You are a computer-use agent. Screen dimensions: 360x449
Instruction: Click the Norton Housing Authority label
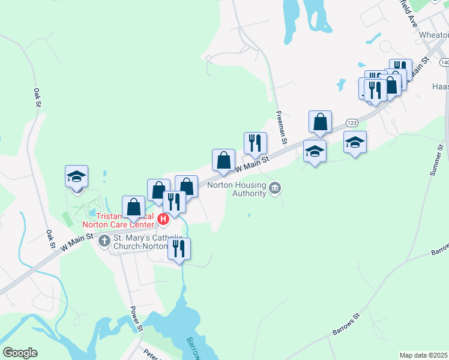click(x=237, y=189)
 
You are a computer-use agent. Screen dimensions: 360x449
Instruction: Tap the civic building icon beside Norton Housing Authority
click(x=275, y=189)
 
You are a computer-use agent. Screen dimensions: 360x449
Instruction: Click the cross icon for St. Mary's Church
click(x=104, y=241)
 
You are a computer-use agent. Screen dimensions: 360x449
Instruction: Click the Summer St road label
click(x=437, y=160)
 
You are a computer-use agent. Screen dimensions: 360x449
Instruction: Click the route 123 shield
click(x=352, y=122)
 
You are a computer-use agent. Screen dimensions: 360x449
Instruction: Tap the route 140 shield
click(x=444, y=62)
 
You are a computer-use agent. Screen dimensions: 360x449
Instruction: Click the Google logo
click(x=20, y=353)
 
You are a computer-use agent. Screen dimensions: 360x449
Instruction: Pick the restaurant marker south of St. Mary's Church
click(x=179, y=248)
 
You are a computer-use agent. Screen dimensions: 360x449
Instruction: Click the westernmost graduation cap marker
click(x=77, y=176)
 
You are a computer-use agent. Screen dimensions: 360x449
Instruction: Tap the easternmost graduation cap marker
click(x=355, y=142)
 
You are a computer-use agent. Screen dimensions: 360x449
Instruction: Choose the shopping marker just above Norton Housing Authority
click(x=223, y=160)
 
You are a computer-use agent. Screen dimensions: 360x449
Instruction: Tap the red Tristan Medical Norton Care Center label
click(x=126, y=220)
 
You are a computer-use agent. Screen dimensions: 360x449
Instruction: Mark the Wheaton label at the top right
click(x=436, y=35)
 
